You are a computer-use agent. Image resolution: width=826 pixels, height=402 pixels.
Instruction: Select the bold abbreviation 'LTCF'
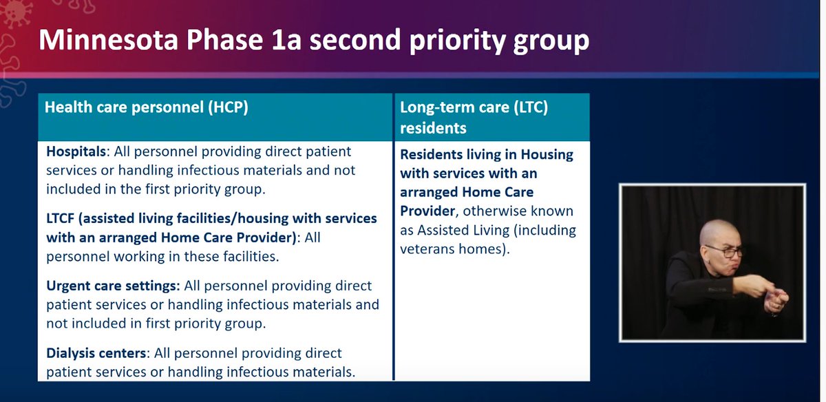pos(63,218)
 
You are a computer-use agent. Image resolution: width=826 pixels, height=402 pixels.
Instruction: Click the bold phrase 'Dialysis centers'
pos(96,353)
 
